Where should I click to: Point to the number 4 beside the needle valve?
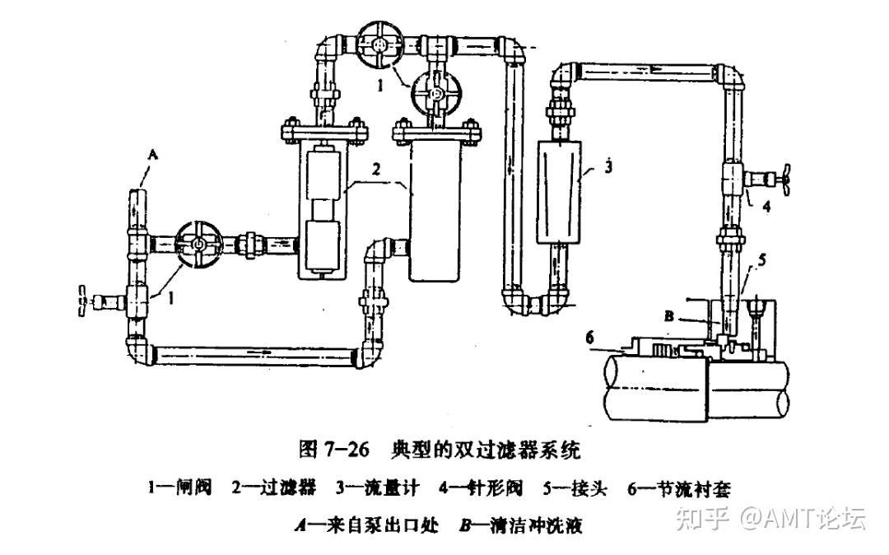pos(766,207)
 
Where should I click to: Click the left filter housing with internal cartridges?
pos(322,210)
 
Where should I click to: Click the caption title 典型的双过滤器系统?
pos(488,450)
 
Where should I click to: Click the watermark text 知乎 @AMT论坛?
pos(769,518)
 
